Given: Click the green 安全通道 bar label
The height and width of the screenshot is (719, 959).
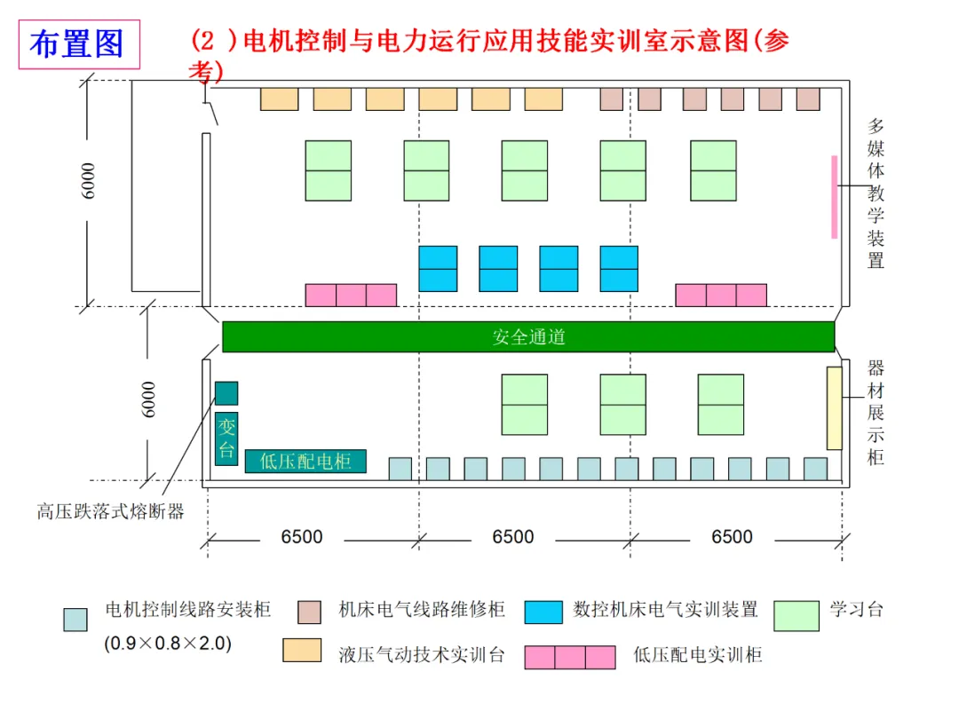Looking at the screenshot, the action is pos(528,337).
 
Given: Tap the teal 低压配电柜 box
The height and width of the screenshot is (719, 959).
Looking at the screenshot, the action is pos(305,461).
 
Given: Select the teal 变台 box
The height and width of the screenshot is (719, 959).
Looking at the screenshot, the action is pos(226,439).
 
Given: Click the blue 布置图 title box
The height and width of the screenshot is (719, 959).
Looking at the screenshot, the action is pos(79,44).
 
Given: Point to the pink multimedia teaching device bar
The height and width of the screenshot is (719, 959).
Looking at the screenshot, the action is pos(834,197).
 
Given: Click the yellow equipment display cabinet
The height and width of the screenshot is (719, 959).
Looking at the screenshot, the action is pos(834,407).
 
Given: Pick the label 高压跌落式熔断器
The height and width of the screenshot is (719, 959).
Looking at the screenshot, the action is pos(110,511).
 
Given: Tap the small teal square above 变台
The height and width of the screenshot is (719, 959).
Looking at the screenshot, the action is pos(226,393).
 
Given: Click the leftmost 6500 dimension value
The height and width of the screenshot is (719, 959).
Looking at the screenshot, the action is pos(302,537).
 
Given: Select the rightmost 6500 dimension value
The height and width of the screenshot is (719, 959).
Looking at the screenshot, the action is pos(732,537).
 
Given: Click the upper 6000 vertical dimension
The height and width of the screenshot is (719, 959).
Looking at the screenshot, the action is pos(88,181).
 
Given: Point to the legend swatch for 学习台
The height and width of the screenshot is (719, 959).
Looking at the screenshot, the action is pos(797,616).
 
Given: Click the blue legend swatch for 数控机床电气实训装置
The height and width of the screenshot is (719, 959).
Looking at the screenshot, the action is pos(543,612).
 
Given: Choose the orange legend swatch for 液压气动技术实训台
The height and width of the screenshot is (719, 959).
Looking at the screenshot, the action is pos(302,651).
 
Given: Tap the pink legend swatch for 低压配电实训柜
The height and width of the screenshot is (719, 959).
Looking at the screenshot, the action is pos(570,657).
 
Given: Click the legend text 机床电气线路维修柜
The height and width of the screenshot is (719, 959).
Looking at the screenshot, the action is pos(422,610).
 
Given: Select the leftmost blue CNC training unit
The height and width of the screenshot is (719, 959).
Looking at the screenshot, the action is pos(438,268).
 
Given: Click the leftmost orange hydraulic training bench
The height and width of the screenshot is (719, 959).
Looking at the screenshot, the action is pos(280,99).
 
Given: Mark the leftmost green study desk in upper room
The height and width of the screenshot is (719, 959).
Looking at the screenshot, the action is pos(329,170).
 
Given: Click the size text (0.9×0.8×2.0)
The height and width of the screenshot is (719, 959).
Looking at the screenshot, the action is pos(168,644).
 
